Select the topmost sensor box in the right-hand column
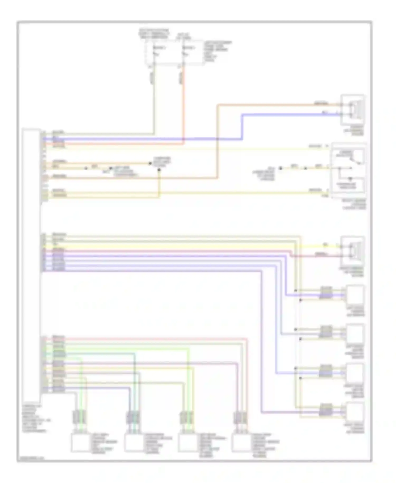[355, 295]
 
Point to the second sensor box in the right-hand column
[355, 334]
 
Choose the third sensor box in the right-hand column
[355, 373]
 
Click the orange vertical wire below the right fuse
[183, 106]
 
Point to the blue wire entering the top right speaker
[290, 115]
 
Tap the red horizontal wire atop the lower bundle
[158, 338]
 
